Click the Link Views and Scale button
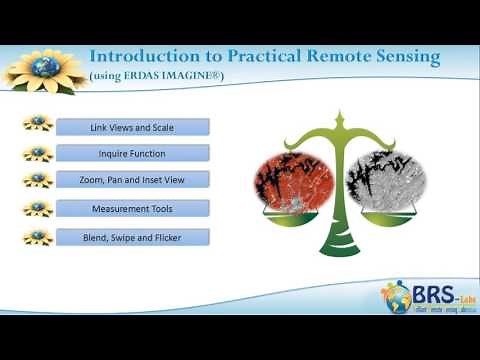tap(133, 127)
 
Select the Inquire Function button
tap(133, 154)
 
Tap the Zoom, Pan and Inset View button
tap(133, 180)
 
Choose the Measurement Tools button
tap(133, 208)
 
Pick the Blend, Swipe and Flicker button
tap(133, 237)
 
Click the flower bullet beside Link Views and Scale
tap(37, 126)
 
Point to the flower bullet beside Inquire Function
tap(37, 153)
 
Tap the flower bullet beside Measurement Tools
tap(37, 208)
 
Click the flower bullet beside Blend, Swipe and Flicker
tap(37, 237)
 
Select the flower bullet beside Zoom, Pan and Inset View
tap(37, 180)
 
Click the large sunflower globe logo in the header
tap(43, 67)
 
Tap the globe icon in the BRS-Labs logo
tap(393, 297)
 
